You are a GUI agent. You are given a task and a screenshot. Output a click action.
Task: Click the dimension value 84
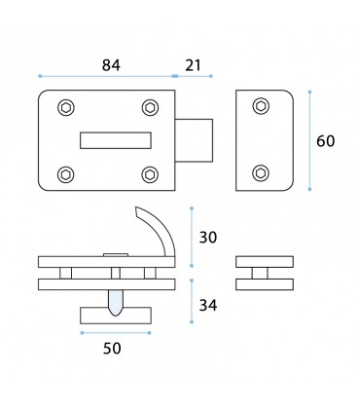[111, 65]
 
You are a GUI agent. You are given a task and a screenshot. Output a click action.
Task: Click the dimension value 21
[194, 65]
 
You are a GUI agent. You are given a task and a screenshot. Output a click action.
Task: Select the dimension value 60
[325, 141]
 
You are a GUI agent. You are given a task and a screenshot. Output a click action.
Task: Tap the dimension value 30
[208, 238]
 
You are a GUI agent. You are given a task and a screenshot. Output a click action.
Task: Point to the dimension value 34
[208, 305]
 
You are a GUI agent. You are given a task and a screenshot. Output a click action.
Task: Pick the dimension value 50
[112, 349]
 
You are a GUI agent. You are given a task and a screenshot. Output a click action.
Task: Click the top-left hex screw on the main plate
[66, 107]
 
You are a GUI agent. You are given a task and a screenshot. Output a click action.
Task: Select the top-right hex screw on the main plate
[150, 107]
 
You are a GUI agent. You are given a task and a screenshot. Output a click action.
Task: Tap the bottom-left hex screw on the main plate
[66, 174]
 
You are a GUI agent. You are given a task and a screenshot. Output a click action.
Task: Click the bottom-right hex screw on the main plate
[150, 174]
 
